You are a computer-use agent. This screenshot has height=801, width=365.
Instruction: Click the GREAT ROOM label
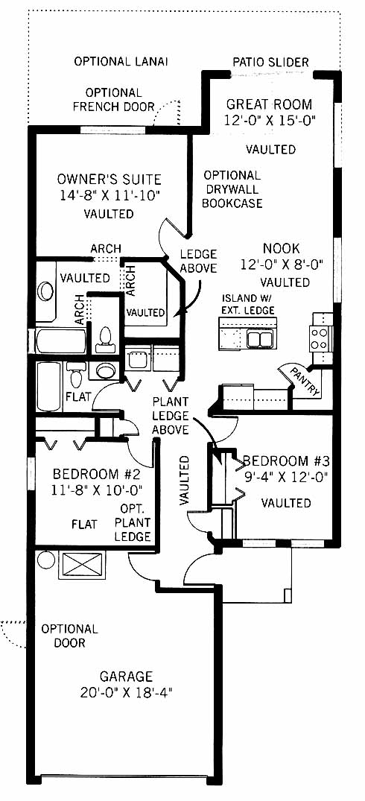(269, 105)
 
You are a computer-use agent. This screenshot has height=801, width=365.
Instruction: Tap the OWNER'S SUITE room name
(110, 180)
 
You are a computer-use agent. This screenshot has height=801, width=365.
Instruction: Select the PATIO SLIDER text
(270, 63)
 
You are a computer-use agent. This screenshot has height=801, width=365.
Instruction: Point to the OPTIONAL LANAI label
(121, 62)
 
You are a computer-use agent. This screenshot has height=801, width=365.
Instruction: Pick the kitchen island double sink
(259, 339)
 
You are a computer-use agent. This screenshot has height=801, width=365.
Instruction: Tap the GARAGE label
(126, 677)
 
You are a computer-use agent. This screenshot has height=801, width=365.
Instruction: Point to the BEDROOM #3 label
(286, 461)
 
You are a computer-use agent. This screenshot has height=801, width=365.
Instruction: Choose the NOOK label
(282, 249)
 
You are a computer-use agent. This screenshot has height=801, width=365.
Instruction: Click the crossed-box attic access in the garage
(82, 565)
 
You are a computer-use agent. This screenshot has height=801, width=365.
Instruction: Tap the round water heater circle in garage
(46, 560)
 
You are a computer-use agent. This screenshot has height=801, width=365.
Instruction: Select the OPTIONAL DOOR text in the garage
(69, 636)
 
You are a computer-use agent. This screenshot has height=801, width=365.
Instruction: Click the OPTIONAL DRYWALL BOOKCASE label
(232, 189)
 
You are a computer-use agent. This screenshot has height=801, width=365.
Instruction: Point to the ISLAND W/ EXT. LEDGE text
(248, 305)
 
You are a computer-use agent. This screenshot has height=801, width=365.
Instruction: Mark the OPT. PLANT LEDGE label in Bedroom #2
(133, 522)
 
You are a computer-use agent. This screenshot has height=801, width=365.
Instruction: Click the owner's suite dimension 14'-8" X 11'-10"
(110, 194)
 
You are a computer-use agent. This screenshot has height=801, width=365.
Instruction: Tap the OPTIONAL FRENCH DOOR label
(113, 100)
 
